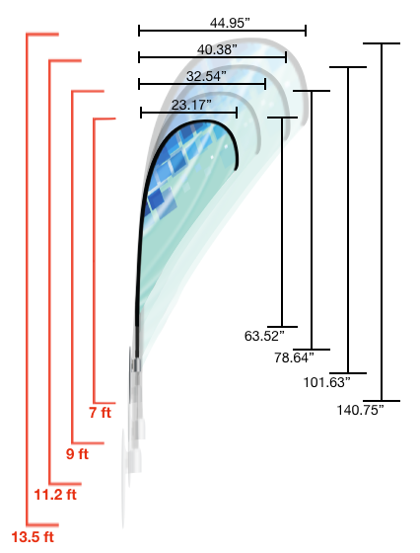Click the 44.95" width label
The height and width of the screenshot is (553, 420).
(x=230, y=24)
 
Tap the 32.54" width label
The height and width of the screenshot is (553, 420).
(x=206, y=76)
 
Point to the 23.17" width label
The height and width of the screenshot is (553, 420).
(x=191, y=105)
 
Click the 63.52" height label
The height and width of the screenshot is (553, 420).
(x=264, y=336)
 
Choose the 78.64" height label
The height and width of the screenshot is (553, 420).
(x=294, y=357)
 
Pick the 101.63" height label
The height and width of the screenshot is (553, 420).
(x=327, y=382)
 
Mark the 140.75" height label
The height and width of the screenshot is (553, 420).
(x=360, y=410)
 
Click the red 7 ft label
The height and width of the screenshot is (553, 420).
(x=101, y=413)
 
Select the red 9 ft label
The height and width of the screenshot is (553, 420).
(x=77, y=454)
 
